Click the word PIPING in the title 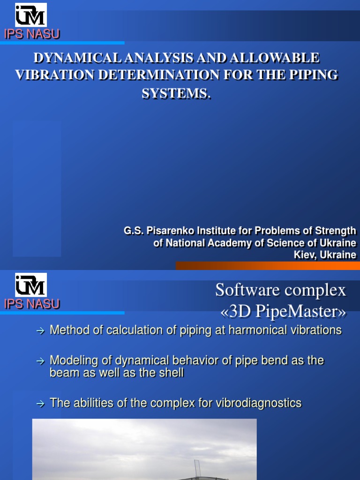(312, 75)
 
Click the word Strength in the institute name (335, 231)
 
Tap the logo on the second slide (30, 285)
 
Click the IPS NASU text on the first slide (32, 34)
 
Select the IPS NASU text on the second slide (32, 304)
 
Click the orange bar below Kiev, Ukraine (267, 266)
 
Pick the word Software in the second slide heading (244, 290)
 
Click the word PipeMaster (302, 311)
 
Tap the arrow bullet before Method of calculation (40, 331)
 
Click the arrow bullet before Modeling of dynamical (40, 361)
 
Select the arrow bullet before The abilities (40, 404)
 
